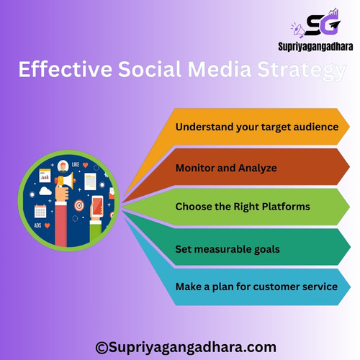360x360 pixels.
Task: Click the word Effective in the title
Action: point(66,69)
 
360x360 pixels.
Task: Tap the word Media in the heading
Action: point(220,69)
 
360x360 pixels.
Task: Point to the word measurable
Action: point(217,249)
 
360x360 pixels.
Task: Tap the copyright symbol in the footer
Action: point(102,348)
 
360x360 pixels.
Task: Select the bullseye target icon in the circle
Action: point(79,206)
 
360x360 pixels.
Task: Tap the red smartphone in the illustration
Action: point(97,206)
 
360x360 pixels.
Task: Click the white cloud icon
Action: point(45,192)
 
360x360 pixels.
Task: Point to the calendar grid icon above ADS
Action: point(40,211)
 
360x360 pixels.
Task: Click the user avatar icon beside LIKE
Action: point(63,166)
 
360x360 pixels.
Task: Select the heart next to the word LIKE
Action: point(85,165)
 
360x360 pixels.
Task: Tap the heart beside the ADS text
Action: point(48,225)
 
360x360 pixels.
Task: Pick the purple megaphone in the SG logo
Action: point(299,30)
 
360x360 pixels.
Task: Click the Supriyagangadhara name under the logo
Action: point(315,47)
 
